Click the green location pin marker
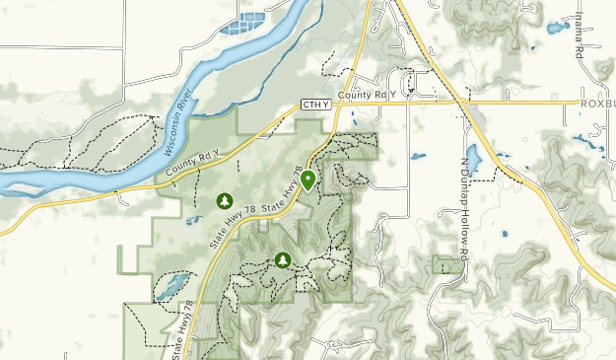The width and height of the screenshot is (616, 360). pyautogui.click(x=308, y=180)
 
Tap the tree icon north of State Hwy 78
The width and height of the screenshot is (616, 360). pyautogui.click(x=225, y=201)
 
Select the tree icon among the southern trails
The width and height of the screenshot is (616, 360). pyautogui.click(x=284, y=260)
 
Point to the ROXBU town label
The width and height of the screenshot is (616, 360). pyautogui.click(x=596, y=102)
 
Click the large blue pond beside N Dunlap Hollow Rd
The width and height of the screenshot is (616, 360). pyautogui.click(x=473, y=158)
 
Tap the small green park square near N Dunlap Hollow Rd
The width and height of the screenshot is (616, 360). pyautogui.click(x=446, y=263)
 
